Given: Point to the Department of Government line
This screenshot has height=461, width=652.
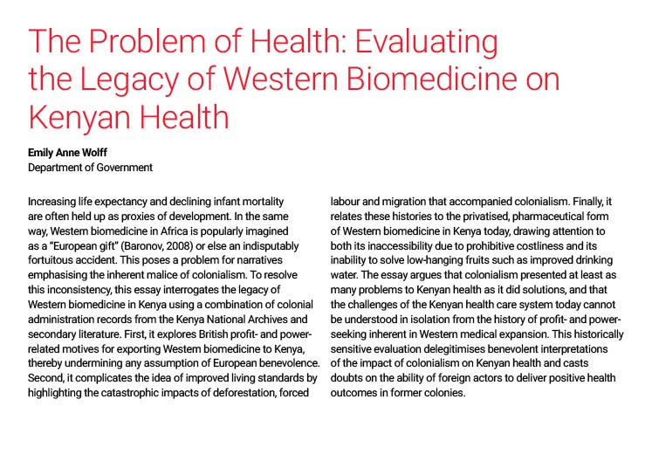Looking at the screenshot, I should (90, 167).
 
